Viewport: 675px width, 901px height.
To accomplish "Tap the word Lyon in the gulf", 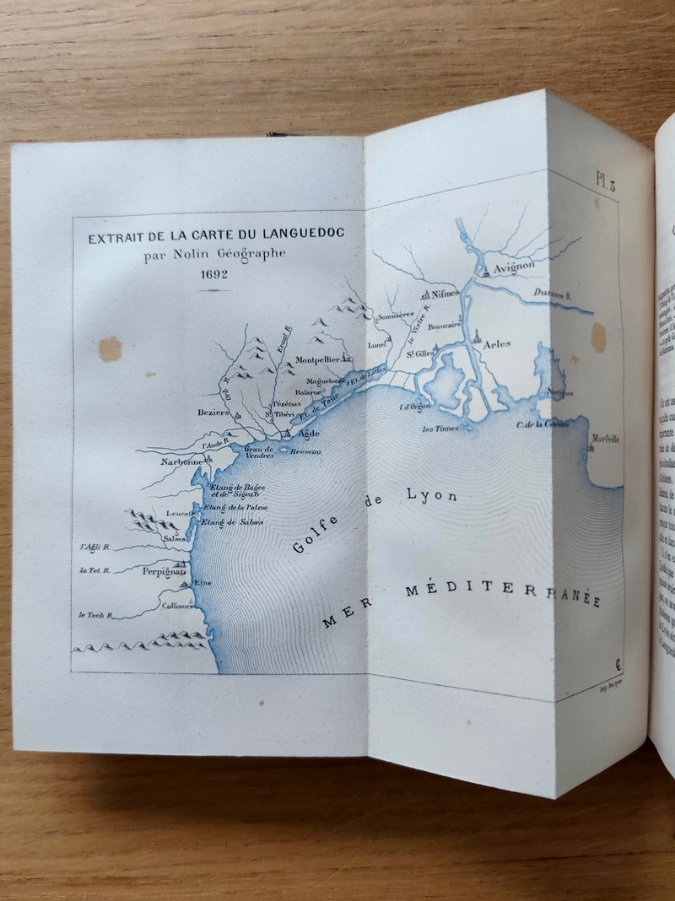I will pyautogui.click(x=432, y=496).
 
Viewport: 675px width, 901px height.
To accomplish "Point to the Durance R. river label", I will pyautogui.click(x=552, y=294).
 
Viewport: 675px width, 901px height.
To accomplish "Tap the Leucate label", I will pyautogui.click(x=179, y=513).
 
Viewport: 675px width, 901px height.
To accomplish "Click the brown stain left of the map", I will pyautogui.click(x=110, y=348).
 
